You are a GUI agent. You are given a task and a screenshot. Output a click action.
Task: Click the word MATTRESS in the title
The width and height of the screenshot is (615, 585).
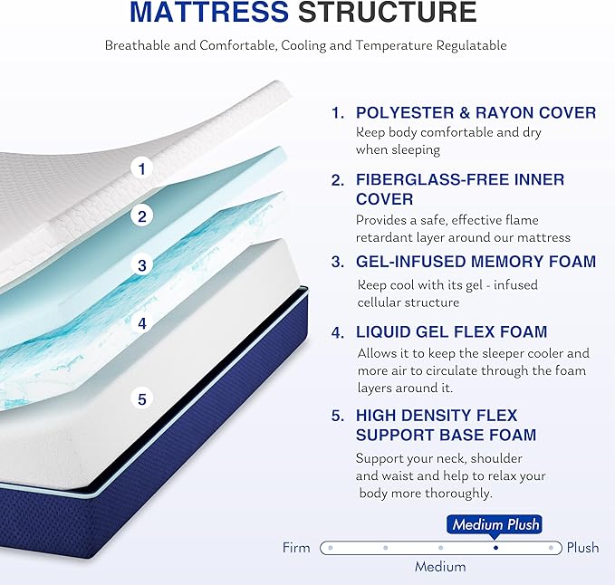tap(209, 14)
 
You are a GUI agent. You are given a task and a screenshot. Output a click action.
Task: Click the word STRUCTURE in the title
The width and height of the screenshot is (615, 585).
tap(387, 14)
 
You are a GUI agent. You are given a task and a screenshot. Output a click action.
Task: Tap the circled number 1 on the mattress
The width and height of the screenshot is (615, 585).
tap(141, 168)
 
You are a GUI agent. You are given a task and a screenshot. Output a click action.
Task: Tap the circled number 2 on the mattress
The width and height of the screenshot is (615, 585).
tap(141, 216)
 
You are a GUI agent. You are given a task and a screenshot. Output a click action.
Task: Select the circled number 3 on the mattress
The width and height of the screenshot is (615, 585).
tap(141, 266)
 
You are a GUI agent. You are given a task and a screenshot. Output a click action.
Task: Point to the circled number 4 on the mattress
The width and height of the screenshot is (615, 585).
tap(141, 322)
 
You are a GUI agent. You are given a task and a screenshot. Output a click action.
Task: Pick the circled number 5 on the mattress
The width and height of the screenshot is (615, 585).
tap(141, 398)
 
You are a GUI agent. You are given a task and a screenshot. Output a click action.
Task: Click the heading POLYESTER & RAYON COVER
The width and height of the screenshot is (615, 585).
tap(476, 113)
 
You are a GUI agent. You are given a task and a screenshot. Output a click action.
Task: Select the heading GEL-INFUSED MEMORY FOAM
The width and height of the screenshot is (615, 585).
tap(476, 263)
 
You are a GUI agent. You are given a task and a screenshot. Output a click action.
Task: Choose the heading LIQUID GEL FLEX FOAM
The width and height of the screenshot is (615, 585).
tap(451, 332)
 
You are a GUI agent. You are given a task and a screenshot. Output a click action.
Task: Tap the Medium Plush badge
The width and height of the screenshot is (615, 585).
tap(495, 524)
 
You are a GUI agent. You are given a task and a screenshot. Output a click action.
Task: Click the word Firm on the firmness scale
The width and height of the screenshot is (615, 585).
tap(296, 548)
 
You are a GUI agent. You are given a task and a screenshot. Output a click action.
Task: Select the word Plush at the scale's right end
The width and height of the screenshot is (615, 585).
tap(583, 548)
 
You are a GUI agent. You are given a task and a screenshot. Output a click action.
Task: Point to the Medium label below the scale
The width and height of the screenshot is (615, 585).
tap(440, 567)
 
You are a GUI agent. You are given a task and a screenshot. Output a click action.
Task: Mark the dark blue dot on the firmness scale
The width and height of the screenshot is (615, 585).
tap(495, 548)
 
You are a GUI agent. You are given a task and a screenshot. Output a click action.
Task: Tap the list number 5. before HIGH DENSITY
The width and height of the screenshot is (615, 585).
tap(338, 416)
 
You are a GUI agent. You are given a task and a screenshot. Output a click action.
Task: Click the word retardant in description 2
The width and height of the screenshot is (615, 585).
tap(387, 237)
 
